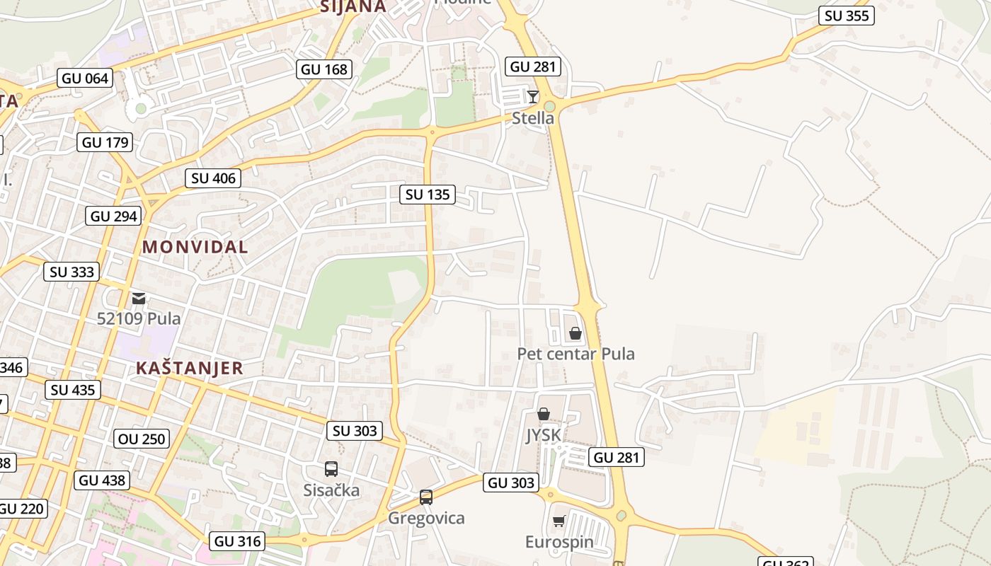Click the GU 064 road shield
point(86,78)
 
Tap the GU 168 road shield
point(324,69)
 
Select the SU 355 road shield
point(847,16)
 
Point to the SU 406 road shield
point(213,178)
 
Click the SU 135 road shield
point(428,194)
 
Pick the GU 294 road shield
point(114,216)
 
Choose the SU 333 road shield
point(71,272)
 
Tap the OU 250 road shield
point(142,439)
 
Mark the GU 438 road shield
point(102,480)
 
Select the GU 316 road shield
point(238,541)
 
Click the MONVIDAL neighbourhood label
point(195,247)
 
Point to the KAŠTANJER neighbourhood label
point(189,368)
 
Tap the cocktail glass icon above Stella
point(533,96)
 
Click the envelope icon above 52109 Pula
point(139,299)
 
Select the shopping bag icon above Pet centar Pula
point(575,333)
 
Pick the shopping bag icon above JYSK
point(544,414)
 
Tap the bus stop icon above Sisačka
point(331,468)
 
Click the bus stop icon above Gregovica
point(426,497)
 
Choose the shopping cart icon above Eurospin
point(558,521)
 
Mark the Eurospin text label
point(559,542)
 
